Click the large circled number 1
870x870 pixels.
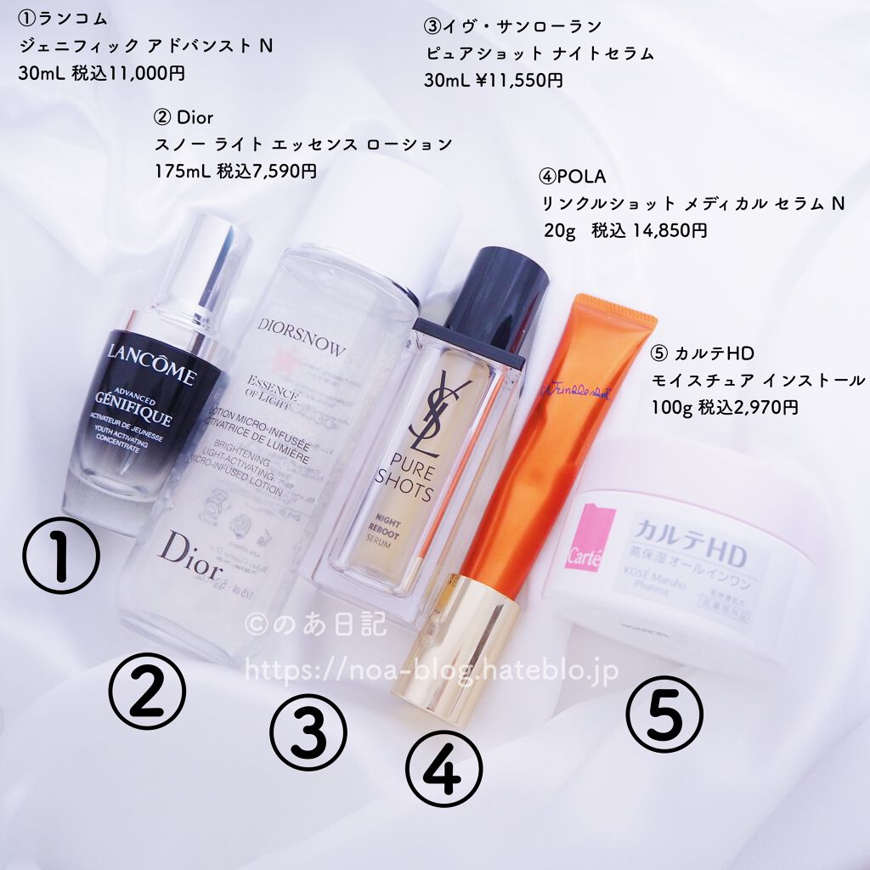60,556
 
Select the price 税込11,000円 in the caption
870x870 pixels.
128,73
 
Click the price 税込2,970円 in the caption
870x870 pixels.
748,407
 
